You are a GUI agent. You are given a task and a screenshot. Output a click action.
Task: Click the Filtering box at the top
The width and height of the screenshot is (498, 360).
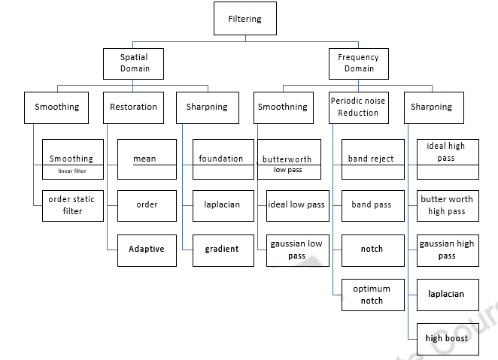(x=245, y=19)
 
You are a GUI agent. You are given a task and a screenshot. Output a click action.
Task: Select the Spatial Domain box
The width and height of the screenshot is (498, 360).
(x=135, y=62)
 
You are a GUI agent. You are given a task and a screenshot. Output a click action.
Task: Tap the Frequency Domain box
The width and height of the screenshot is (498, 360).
(x=358, y=62)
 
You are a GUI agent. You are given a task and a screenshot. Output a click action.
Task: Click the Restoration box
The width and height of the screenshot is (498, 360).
(x=134, y=107)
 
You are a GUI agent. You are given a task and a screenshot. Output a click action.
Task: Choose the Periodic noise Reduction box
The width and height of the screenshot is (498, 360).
(x=358, y=107)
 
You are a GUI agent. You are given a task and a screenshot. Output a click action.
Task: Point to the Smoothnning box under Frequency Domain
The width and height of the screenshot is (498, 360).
(x=282, y=107)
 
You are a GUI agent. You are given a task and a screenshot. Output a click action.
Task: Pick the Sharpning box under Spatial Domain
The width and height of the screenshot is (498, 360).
(x=207, y=107)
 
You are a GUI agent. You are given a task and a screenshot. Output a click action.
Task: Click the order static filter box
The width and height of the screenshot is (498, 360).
(x=71, y=205)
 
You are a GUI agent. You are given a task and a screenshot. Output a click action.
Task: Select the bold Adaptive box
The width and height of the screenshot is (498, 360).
(x=147, y=249)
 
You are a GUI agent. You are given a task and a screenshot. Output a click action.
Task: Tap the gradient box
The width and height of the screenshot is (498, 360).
(x=222, y=249)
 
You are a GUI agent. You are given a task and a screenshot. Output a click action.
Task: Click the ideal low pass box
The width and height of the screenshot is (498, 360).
(x=297, y=205)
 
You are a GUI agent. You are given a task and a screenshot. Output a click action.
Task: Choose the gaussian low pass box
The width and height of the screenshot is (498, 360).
(x=297, y=250)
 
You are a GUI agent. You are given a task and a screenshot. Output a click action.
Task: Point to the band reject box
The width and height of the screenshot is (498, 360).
(x=372, y=159)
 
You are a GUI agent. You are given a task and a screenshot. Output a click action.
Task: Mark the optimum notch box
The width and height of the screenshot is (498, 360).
(x=372, y=295)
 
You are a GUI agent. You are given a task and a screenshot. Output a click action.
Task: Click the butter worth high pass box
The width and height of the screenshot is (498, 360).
(x=447, y=205)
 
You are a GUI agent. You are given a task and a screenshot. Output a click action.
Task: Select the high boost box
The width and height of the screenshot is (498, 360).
(x=447, y=338)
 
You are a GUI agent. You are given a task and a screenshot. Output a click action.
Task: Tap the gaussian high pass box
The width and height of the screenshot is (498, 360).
(x=447, y=250)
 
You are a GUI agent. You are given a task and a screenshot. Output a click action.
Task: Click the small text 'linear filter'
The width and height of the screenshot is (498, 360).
(x=71, y=171)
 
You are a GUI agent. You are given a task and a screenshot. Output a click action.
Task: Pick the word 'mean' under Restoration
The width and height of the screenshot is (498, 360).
(x=144, y=159)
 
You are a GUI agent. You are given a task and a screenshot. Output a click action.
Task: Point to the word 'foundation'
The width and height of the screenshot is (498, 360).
(x=221, y=159)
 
